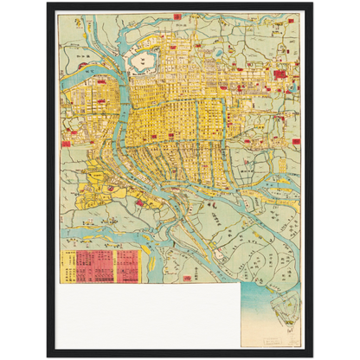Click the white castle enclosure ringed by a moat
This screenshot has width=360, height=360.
coord(139,61)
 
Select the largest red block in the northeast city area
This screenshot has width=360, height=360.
coord(280,75)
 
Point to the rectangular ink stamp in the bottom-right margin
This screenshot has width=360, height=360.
coord(279,330)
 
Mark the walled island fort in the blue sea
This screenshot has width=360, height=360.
coord(283,302)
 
